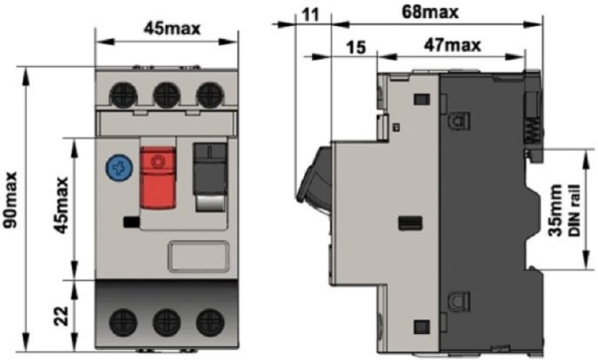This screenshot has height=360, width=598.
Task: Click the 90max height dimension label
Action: (11, 200)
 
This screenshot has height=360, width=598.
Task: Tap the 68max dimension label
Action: (431, 13)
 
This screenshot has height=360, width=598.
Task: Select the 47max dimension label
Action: (452, 46)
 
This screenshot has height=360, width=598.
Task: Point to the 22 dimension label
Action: (62, 316)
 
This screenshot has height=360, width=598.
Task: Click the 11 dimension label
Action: (310, 15)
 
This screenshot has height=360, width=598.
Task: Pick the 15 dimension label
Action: (356, 48)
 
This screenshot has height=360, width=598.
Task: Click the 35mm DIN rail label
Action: (564, 210)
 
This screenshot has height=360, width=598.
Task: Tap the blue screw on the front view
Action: (120, 168)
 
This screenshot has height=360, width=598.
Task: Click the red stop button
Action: (158, 178)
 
